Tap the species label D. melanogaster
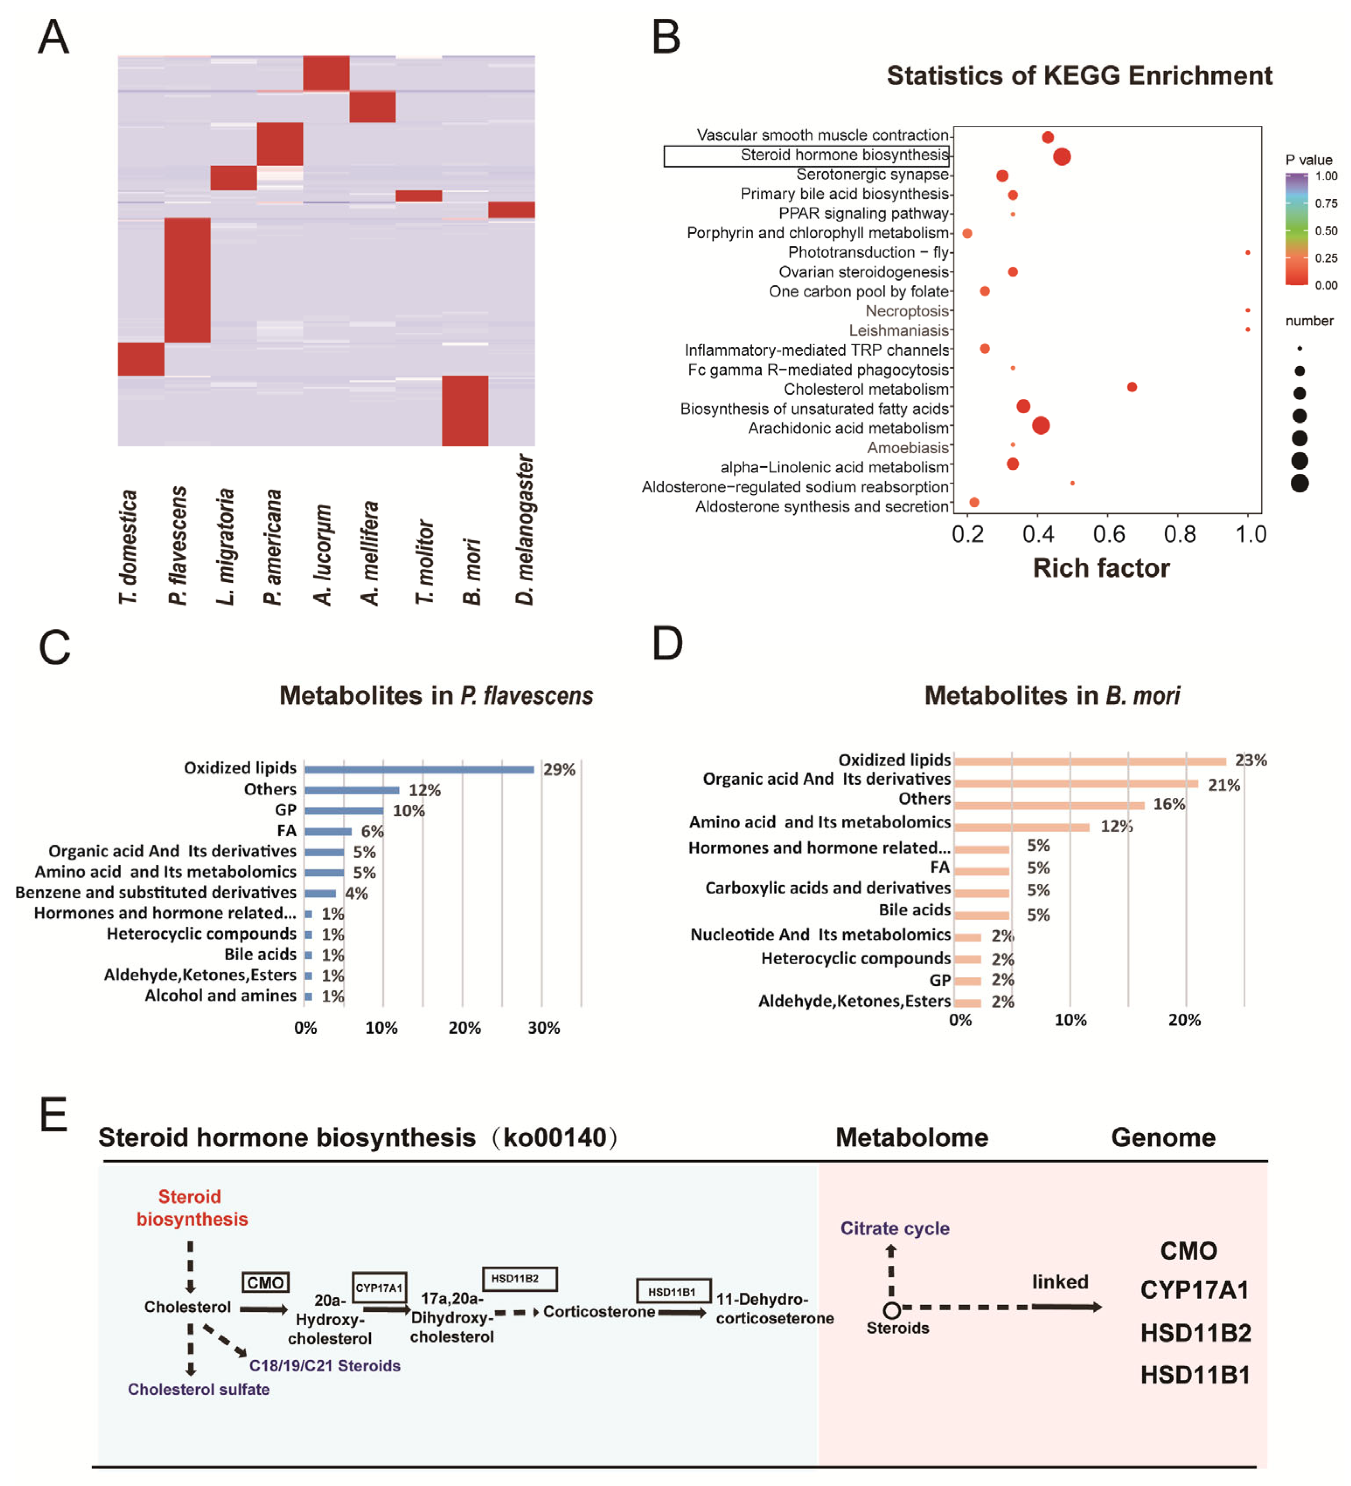(524, 529)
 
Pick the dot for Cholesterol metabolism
(1131, 387)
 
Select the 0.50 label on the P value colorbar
(1325, 231)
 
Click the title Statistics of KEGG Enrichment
(1078, 75)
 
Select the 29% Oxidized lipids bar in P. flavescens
(418, 769)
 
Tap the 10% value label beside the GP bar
(408, 811)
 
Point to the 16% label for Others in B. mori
(1168, 804)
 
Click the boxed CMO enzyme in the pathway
(265, 1282)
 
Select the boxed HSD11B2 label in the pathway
(519, 1279)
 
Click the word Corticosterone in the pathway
(598, 1312)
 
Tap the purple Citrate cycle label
(894, 1229)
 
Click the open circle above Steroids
(891, 1310)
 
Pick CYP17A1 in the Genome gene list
(1194, 1291)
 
